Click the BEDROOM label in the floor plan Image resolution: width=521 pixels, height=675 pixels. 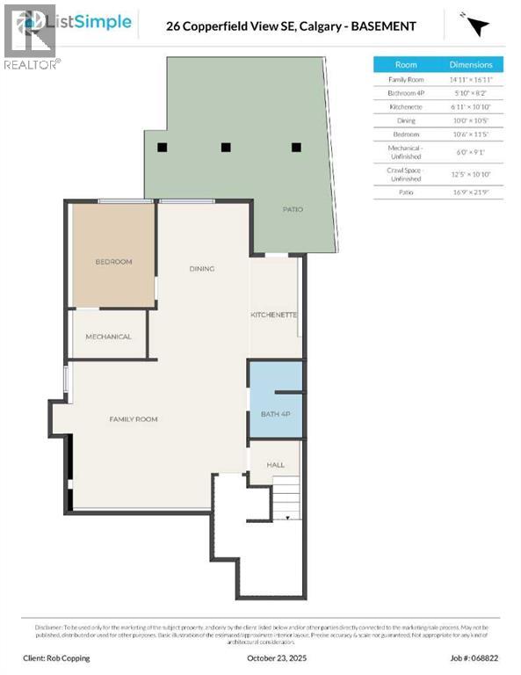[x=113, y=262]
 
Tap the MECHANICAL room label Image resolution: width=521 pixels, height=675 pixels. [x=108, y=337]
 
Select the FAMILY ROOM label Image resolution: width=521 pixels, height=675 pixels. [x=133, y=419]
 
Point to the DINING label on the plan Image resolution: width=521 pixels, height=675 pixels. [x=202, y=269]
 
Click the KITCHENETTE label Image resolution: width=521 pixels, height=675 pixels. [x=274, y=315]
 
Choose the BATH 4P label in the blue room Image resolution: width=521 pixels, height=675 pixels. [x=275, y=413]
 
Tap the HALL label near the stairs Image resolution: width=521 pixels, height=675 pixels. [x=275, y=465]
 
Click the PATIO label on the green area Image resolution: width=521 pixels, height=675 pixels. [x=293, y=210]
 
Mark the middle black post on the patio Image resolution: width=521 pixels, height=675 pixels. [x=226, y=148]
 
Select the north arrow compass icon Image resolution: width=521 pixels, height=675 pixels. [x=476, y=25]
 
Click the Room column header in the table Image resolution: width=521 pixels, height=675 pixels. [x=406, y=65]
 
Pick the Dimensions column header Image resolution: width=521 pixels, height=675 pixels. [x=472, y=65]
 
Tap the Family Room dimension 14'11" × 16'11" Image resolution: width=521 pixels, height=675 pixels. [x=472, y=79]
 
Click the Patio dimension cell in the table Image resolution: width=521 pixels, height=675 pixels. [x=472, y=192]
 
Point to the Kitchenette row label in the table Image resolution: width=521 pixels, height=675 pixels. [x=406, y=107]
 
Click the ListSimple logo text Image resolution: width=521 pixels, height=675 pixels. [x=94, y=21]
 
